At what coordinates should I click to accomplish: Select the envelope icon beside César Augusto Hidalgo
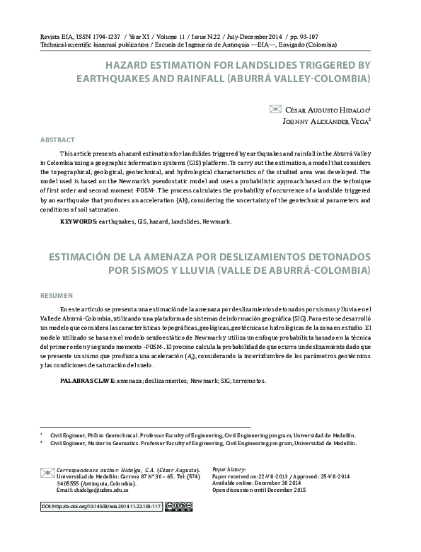pyautogui.click(x=276, y=109)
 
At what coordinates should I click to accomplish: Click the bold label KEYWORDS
pyautogui.click(x=78, y=222)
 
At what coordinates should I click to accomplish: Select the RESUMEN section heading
pyautogui.click(x=56, y=294)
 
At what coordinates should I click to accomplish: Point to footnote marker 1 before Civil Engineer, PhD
pyautogui.click(x=42, y=435)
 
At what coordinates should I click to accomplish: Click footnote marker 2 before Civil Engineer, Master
pyautogui.click(x=42, y=443)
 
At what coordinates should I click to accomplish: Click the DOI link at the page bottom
pyautogui.click(x=100, y=507)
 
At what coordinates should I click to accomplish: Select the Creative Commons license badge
pyautogui.click(x=178, y=507)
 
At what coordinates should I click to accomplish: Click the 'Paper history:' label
pyautogui.click(x=229, y=469)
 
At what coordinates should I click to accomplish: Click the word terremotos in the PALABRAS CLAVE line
pyautogui.click(x=248, y=381)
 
